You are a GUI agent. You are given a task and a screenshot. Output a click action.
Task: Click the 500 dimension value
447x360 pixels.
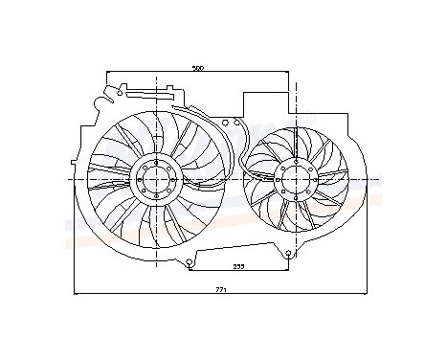[x=198, y=68]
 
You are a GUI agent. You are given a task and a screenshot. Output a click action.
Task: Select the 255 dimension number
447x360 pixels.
[x=235, y=267]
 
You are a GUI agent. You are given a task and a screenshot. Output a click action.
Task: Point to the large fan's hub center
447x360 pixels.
[x=154, y=179]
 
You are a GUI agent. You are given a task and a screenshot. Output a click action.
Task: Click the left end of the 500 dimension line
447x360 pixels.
[x=106, y=73]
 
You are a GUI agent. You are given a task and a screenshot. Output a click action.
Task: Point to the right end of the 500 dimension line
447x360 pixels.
[x=291, y=73]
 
